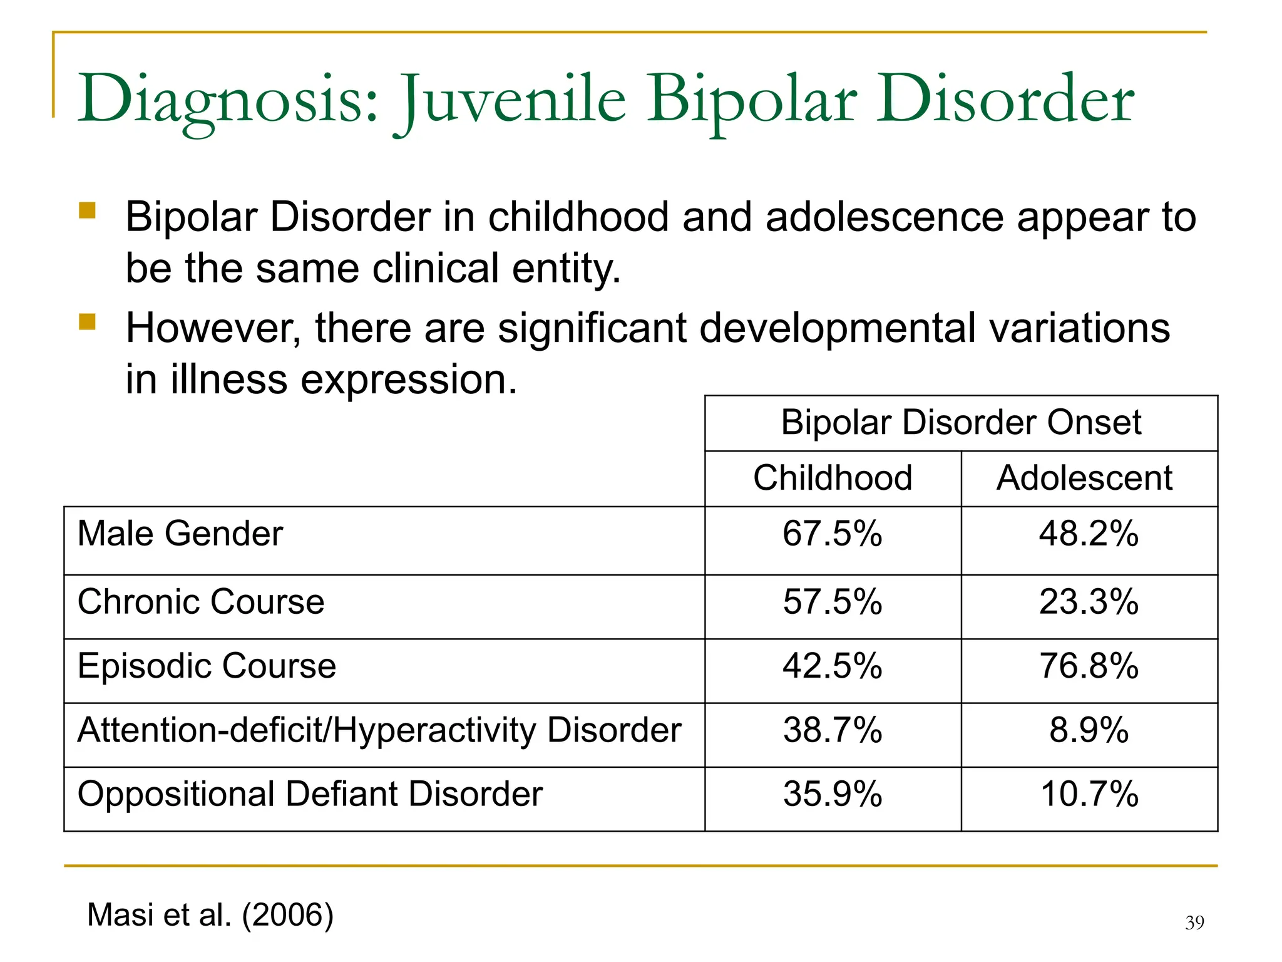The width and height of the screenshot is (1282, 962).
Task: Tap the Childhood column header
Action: [833, 478]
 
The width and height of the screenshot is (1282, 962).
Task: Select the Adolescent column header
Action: [1084, 478]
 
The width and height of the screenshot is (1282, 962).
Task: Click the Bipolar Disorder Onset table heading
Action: [961, 422]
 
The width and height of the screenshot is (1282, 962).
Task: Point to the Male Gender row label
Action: [180, 534]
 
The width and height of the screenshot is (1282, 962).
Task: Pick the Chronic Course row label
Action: [201, 602]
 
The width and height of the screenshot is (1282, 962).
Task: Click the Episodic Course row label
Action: [207, 665]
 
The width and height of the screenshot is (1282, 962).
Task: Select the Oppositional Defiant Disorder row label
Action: [310, 794]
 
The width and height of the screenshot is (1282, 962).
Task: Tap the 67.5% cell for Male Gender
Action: [833, 534]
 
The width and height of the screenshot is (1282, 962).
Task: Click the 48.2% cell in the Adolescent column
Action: [1089, 534]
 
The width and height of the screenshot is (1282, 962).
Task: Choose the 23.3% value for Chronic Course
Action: [1089, 602]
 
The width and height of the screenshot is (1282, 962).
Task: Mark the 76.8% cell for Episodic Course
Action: [1089, 665]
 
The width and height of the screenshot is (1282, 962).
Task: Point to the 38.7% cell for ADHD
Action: [833, 730]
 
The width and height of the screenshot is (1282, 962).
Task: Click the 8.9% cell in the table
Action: [1089, 730]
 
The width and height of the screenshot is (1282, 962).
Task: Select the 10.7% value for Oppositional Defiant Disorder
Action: [1089, 794]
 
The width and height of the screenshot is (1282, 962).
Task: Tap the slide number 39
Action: [1194, 923]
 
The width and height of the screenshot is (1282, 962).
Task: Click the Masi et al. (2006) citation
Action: [210, 914]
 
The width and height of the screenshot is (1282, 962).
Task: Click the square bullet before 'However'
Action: [87, 322]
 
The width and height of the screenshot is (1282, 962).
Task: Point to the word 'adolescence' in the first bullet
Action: [884, 217]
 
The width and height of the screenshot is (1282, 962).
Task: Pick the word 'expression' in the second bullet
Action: [409, 380]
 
